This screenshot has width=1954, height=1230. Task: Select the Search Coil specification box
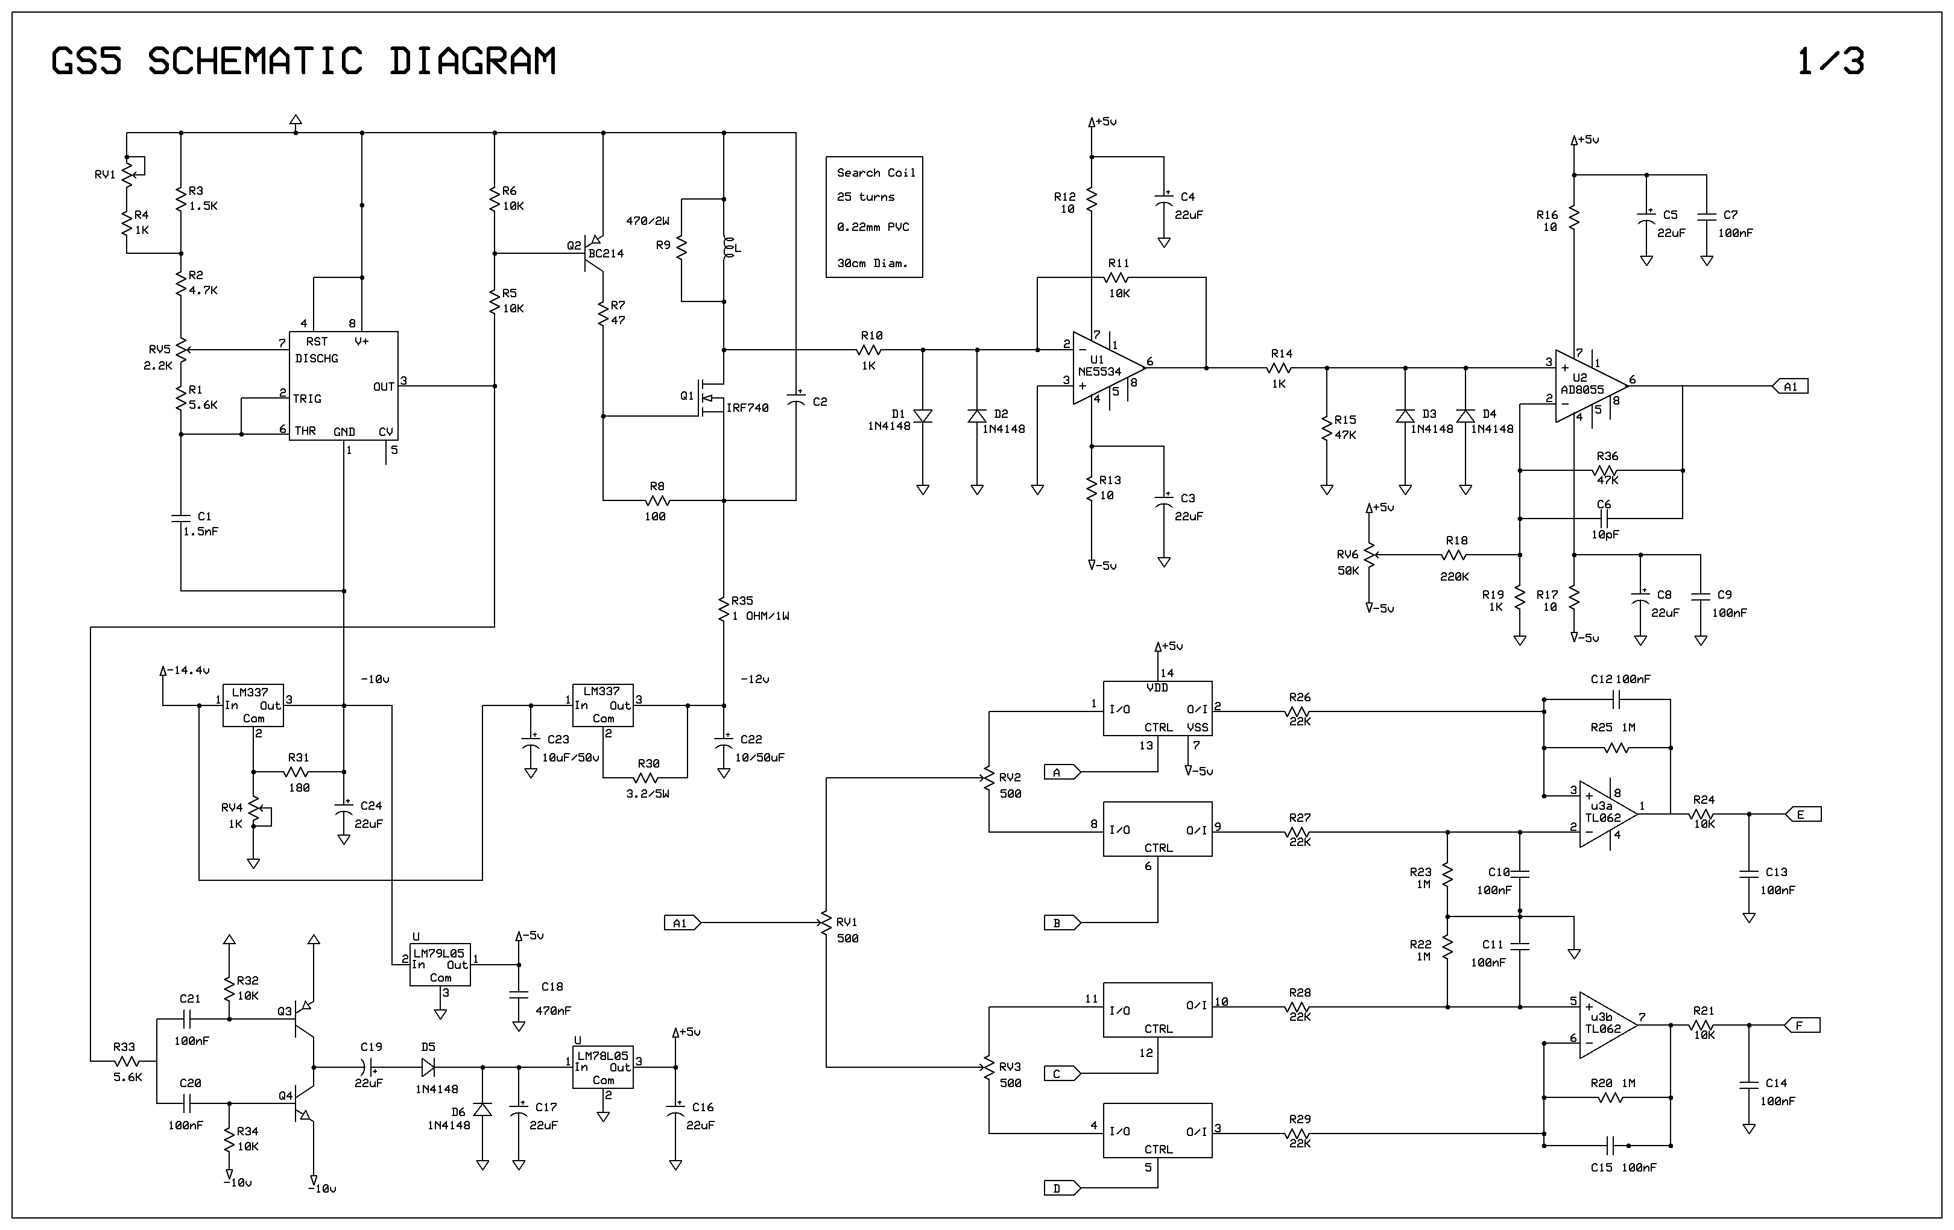(x=874, y=218)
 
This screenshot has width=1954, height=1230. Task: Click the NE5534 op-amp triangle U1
(x=1108, y=368)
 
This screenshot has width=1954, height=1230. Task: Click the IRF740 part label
(x=747, y=408)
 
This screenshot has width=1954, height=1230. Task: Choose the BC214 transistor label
(x=606, y=254)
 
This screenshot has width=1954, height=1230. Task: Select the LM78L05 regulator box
(x=603, y=1067)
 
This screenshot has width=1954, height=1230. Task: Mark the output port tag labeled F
(x=1801, y=1026)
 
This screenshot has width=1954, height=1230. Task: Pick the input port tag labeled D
(x=1062, y=1188)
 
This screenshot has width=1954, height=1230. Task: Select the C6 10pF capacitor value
(x=1605, y=535)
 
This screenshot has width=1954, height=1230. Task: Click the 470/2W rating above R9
(x=648, y=221)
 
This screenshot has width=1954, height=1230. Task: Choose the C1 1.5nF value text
(x=200, y=531)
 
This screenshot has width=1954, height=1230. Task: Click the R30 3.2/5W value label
(x=648, y=793)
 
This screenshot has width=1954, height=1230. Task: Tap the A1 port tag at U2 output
(x=1790, y=386)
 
